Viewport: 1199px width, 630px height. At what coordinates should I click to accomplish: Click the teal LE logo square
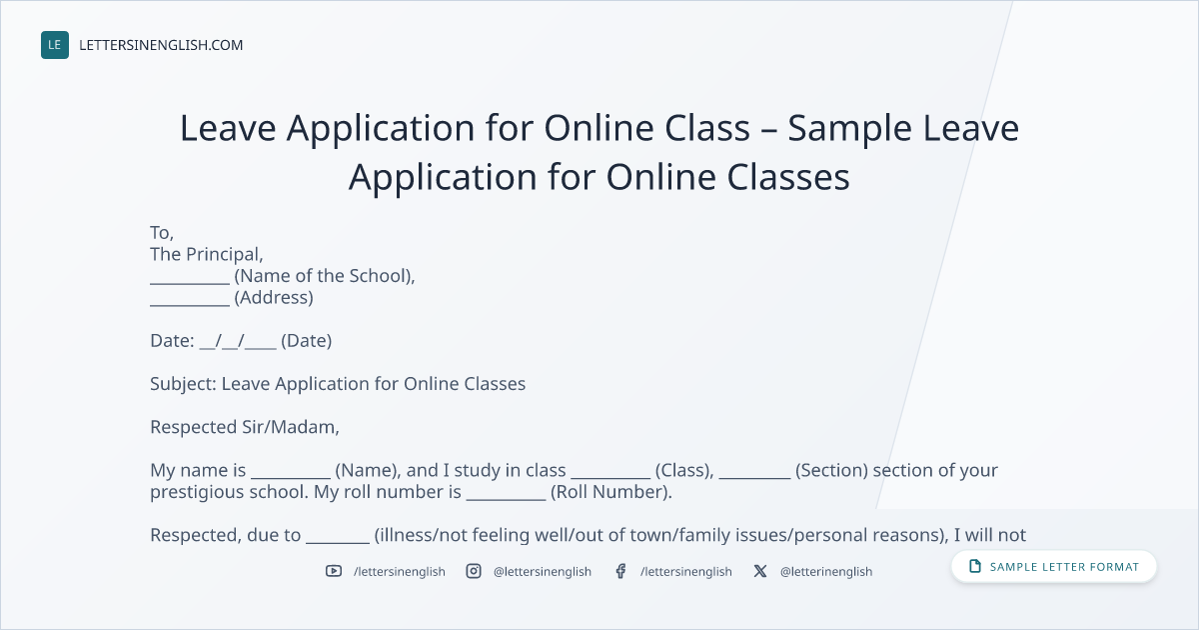[55, 45]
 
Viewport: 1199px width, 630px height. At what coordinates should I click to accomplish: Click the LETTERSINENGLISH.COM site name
[161, 45]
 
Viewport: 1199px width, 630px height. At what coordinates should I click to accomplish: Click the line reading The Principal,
[207, 254]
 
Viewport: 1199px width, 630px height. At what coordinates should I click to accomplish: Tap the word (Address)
[274, 297]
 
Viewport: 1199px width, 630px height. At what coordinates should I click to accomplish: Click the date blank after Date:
[238, 342]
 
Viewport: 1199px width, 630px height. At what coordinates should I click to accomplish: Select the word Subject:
[183, 384]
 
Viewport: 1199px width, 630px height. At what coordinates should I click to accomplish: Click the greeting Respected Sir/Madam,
[245, 427]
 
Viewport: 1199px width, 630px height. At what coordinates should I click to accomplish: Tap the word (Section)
[831, 470]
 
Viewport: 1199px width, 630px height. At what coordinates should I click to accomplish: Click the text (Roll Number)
[611, 492]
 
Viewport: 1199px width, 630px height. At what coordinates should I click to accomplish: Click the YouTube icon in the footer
[334, 571]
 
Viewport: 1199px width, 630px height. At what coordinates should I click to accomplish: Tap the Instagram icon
[474, 571]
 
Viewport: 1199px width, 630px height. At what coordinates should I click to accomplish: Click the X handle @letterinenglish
[826, 572]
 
